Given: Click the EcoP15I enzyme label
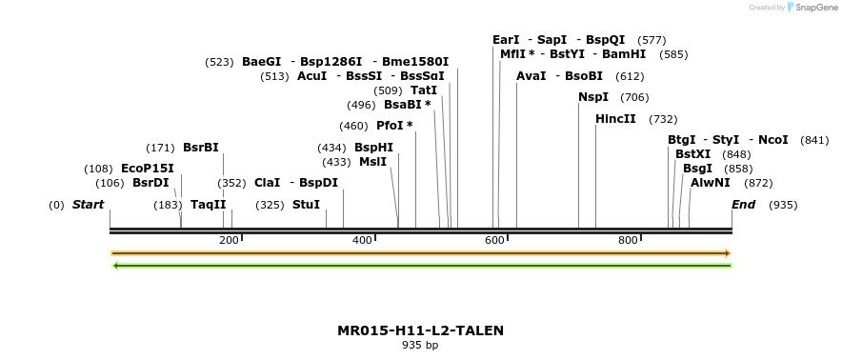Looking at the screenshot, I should click(x=148, y=169).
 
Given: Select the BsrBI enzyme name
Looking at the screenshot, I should click(x=201, y=148).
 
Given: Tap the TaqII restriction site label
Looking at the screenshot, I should click(x=209, y=205).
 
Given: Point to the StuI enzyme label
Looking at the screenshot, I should click(x=306, y=205).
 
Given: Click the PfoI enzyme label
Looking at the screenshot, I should click(x=394, y=126).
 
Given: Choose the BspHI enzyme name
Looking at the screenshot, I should click(x=373, y=148).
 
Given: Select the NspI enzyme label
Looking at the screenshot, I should click(x=593, y=97).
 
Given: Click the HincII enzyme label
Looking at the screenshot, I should click(x=616, y=119).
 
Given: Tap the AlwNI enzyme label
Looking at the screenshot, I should click(x=711, y=183).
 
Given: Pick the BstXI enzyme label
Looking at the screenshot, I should click(x=692, y=154).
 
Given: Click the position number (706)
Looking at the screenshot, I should click(x=634, y=97).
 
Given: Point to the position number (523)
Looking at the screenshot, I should click(x=219, y=62).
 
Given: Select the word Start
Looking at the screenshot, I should click(x=88, y=205).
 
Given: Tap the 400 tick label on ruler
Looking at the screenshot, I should click(x=362, y=241).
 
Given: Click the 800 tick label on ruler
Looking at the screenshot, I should click(x=628, y=241).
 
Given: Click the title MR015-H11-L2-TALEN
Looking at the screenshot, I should click(x=421, y=330).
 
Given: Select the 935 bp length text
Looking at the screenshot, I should click(x=420, y=345).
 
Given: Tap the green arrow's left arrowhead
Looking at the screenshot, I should click(x=115, y=266).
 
